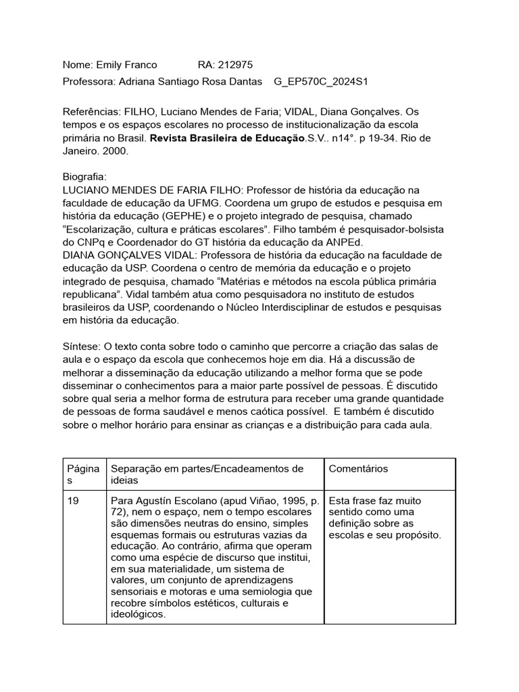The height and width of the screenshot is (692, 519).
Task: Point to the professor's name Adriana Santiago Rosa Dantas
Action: pyautogui.click(x=190, y=82)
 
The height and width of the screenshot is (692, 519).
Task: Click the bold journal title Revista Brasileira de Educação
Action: pyautogui.click(x=226, y=138)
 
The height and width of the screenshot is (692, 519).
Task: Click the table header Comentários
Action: pyautogui.click(x=359, y=468)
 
